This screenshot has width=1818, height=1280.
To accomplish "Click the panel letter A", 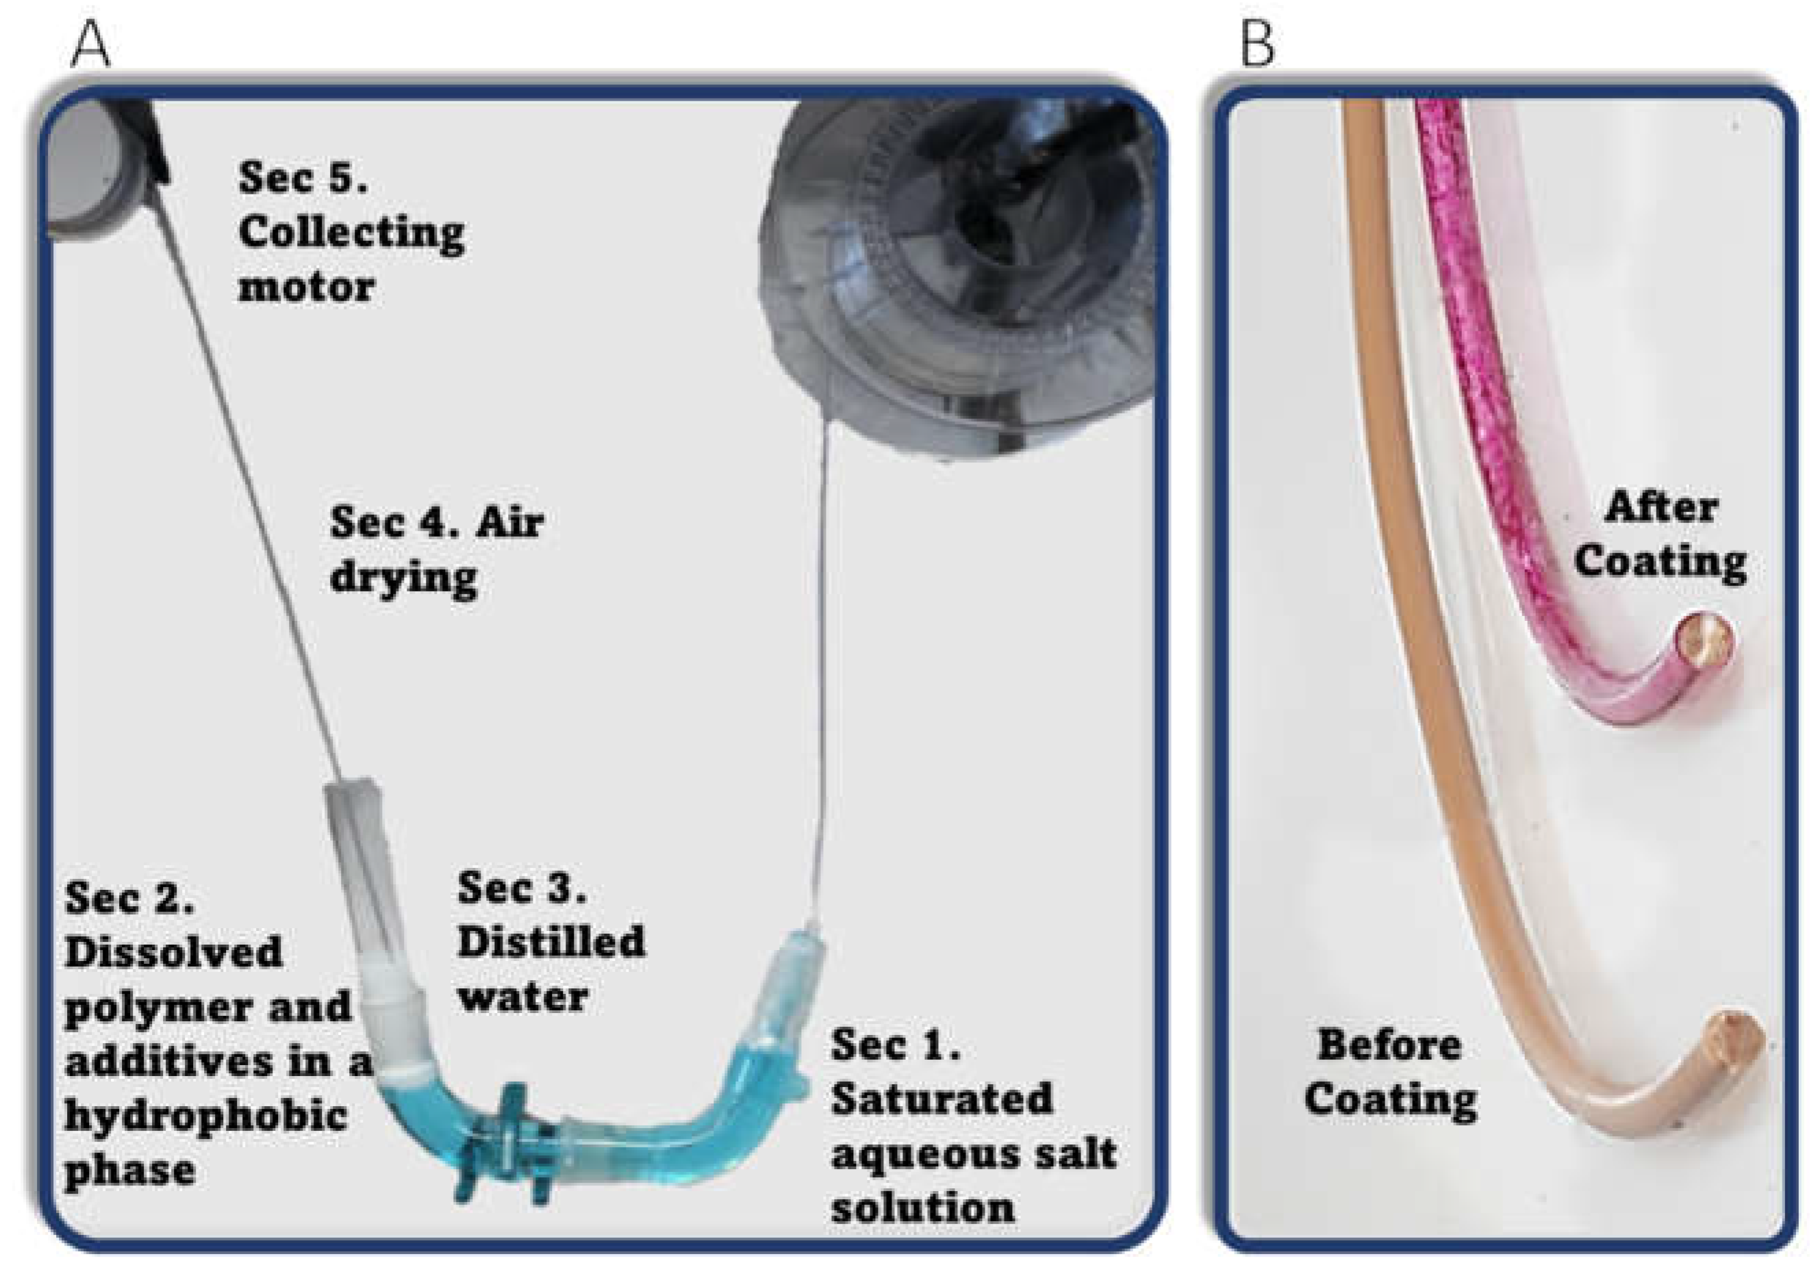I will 91,46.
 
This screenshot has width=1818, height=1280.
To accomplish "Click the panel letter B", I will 1257,46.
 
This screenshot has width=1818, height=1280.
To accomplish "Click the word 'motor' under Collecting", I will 307,287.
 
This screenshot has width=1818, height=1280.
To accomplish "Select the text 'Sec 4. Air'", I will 436,522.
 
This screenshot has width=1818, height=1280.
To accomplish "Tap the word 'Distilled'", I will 551,942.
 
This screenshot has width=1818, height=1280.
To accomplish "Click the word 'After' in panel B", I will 1661,507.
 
